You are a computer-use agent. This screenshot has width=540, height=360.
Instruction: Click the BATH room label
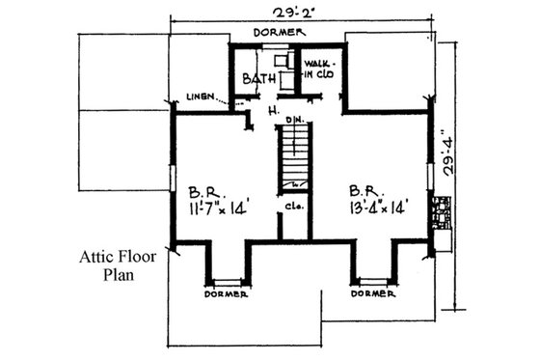coord(256,79)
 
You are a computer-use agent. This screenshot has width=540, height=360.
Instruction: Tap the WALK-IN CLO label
coord(319,70)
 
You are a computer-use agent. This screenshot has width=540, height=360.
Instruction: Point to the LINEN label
coord(202,97)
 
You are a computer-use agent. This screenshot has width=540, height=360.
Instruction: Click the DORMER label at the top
coord(280,33)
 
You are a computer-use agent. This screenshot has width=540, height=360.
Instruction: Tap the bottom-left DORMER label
coord(227,294)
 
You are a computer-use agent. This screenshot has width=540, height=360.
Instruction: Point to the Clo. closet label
coord(290,206)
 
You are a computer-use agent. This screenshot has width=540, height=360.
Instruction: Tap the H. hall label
coord(274,112)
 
